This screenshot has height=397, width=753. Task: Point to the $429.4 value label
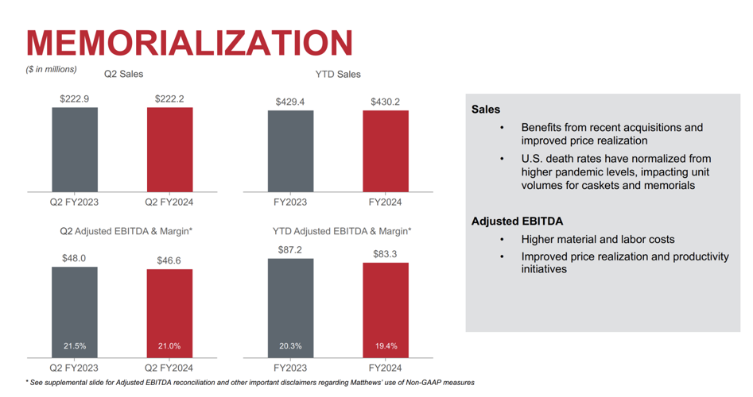click(290, 102)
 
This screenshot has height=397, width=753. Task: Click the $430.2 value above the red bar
click(386, 102)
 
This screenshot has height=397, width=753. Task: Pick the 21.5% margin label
click(75, 346)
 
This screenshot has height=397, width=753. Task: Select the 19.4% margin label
click(386, 346)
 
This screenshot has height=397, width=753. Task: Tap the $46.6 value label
click(169, 260)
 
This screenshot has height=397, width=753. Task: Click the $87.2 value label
click(290, 249)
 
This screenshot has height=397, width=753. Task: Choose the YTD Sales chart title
click(337, 74)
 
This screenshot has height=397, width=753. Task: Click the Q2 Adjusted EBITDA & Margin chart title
click(126, 231)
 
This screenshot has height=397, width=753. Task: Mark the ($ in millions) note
click(52, 69)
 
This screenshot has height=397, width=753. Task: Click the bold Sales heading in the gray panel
click(486, 110)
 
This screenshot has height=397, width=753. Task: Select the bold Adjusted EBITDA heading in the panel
click(517, 222)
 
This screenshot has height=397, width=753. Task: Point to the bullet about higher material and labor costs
click(597, 239)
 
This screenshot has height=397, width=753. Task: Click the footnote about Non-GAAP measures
click(250, 383)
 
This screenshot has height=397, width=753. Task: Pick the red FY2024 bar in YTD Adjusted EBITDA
click(386, 310)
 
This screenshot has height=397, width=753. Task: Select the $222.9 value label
click(75, 98)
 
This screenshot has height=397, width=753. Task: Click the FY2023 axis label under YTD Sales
click(290, 202)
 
